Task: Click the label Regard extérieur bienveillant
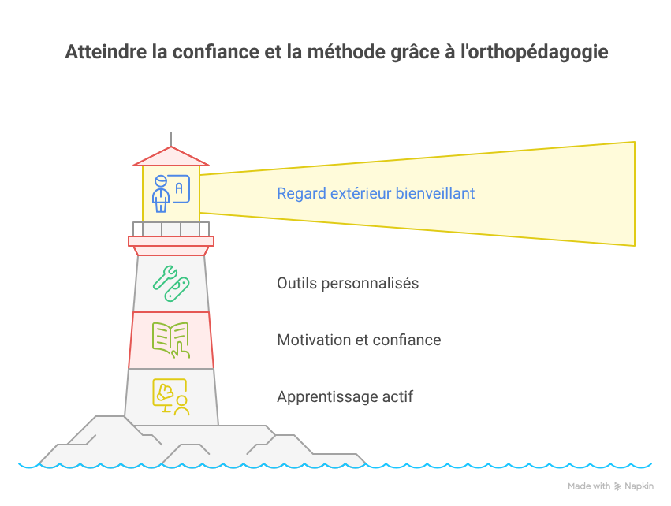[375, 193]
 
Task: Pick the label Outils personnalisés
[348, 283]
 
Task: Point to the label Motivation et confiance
[359, 340]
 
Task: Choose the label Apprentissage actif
[345, 396]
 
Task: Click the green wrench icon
[171, 284]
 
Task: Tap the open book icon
[171, 340]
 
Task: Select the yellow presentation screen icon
[171, 396]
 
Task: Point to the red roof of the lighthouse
[170, 157]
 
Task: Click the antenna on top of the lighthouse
[170, 138]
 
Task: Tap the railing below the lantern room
[170, 229]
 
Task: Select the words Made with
[588, 486]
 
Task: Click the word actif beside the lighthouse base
[398, 396]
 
